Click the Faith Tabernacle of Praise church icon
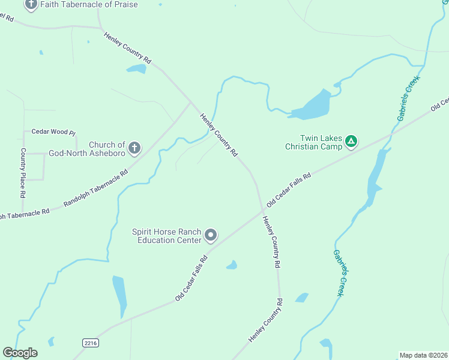(31, 5)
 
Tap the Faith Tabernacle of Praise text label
(89, 5)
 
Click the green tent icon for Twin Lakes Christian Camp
(351, 142)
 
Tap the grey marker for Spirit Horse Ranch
(211, 235)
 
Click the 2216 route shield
(90, 342)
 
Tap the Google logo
(20, 353)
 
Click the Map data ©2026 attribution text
(423, 355)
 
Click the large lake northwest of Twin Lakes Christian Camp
(312, 106)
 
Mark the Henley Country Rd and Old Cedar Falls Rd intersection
(262, 211)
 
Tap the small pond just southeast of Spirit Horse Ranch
(232, 265)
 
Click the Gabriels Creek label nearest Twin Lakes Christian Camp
(409, 98)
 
